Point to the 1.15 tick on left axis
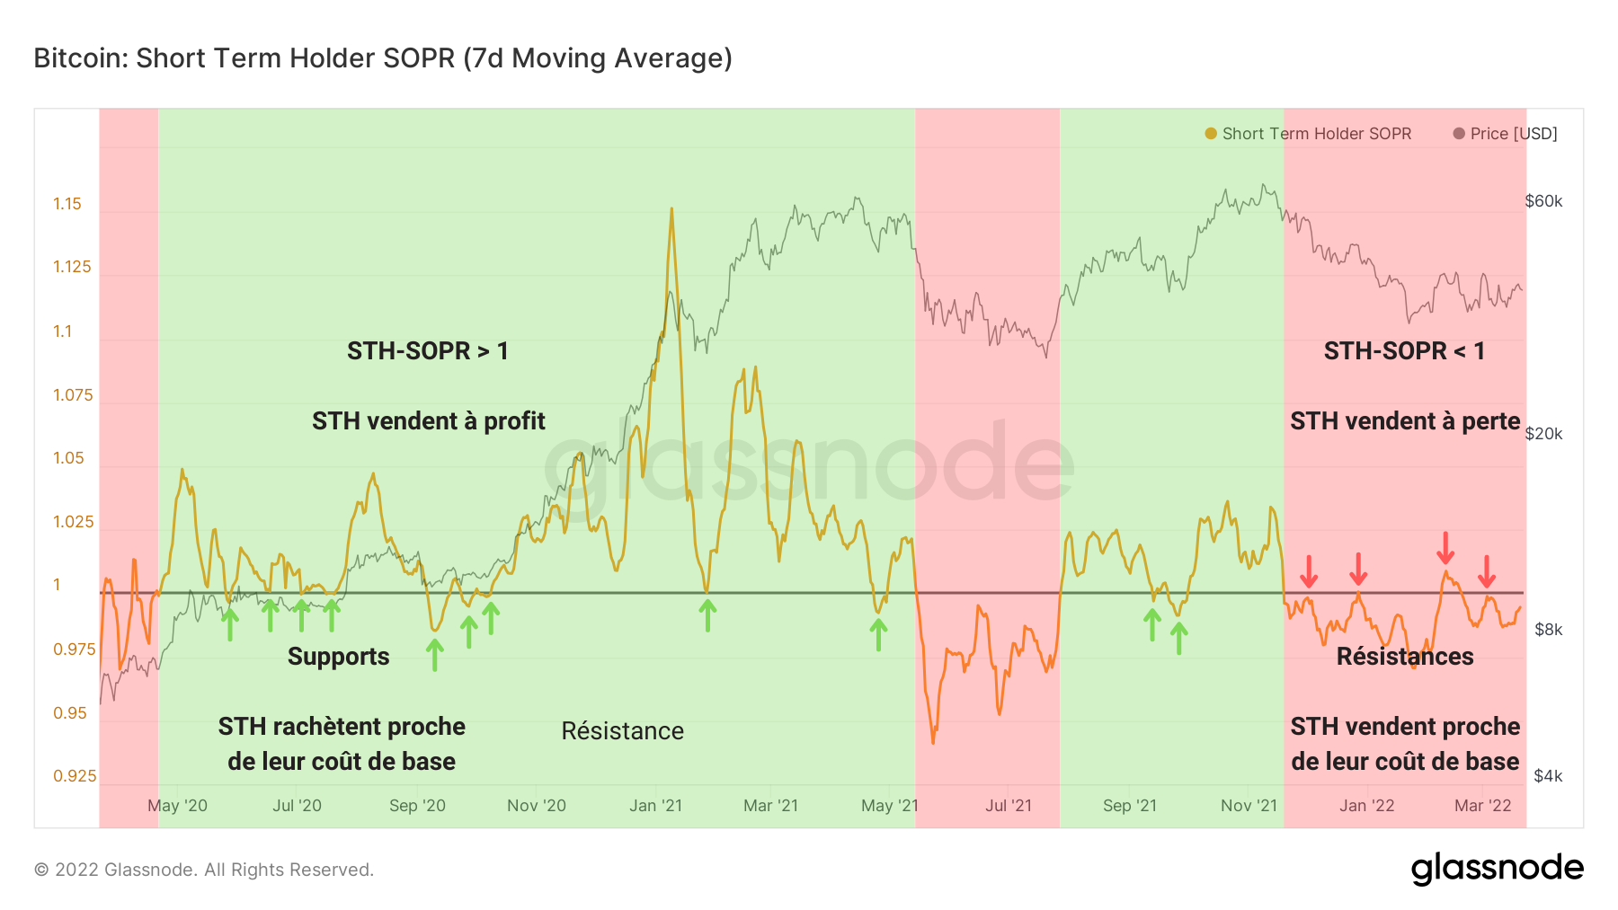coord(67,204)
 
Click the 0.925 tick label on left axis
coord(75,776)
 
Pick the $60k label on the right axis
coord(1543,201)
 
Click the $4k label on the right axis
coord(1547,776)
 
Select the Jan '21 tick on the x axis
coord(655,806)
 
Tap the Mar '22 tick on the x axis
coord(1482,806)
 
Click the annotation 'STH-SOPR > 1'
coord(428,351)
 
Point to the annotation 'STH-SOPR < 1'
coord(1404,351)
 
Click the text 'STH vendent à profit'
coord(428,421)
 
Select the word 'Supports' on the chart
coord(338,657)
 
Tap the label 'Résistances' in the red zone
coord(1404,657)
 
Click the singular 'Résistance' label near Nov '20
coord(622,731)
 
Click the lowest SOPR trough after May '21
coord(933,742)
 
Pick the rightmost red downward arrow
coord(1487,571)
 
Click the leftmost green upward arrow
coord(230,623)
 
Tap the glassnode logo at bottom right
coord(1497,869)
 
